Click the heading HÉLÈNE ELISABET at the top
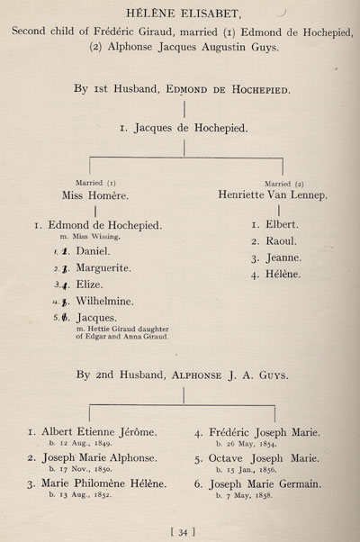coord(184,14)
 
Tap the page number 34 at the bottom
coord(183,532)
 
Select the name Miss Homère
coord(95,195)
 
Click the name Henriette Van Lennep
coord(273,194)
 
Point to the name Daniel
coord(93,251)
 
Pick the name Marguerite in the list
coord(103,268)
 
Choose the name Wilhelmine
coord(104,301)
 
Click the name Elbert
coord(282,225)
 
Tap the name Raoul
coord(281,241)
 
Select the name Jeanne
coord(283,257)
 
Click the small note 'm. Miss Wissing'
coord(90,237)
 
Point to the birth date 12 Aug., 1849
coord(80,443)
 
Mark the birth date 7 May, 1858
coord(244,495)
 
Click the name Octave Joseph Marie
coord(264,458)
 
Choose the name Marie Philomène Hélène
coord(104,483)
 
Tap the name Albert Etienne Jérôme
coord(99,432)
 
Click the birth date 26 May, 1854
coord(247,444)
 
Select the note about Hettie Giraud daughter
coord(122,333)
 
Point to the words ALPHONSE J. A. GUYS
coord(230,375)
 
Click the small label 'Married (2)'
coord(284,184)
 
